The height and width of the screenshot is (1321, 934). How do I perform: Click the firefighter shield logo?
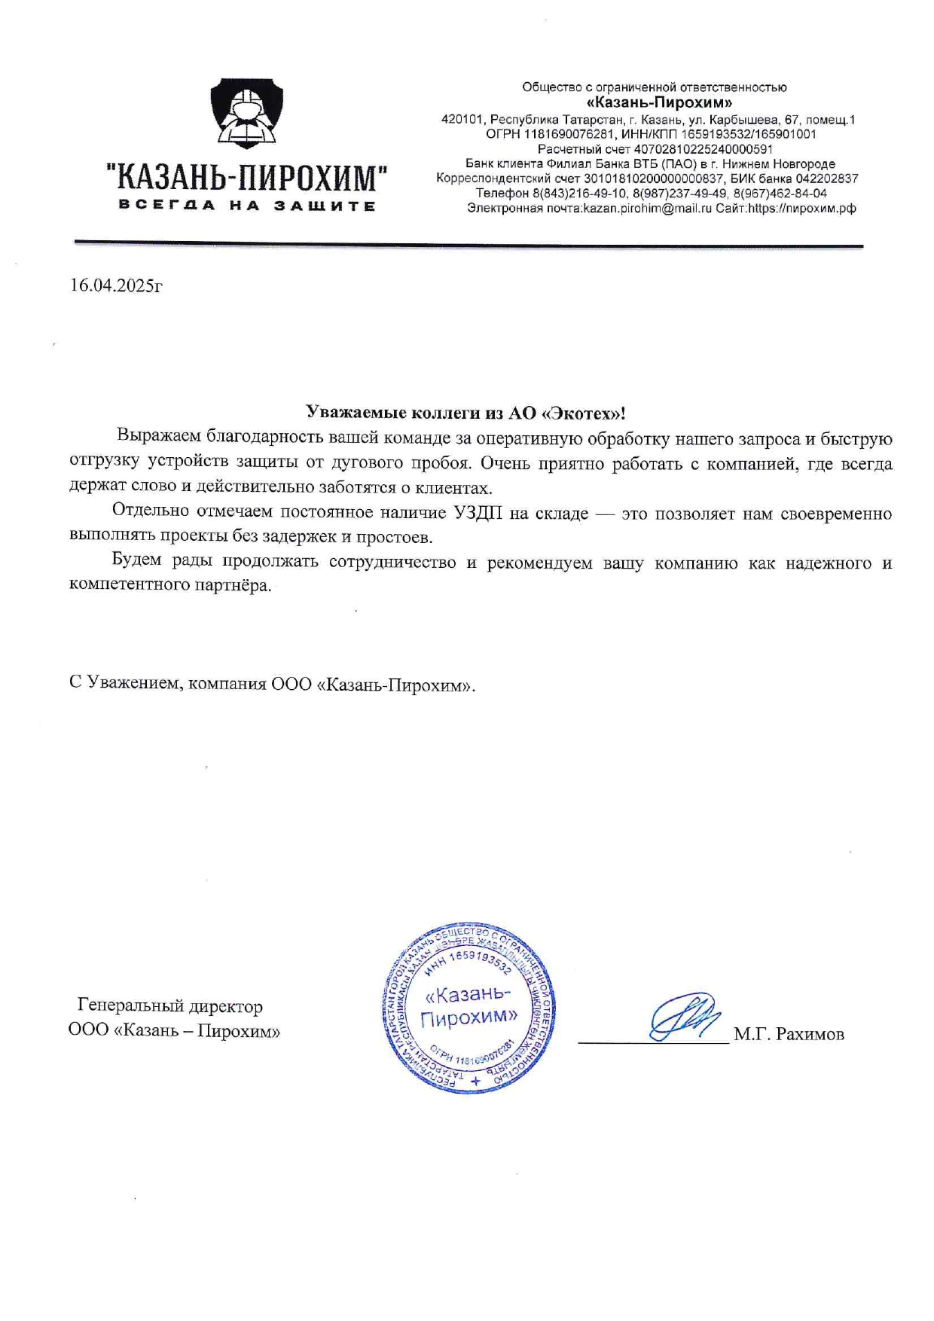click(246, 114)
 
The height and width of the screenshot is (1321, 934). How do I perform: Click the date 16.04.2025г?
click(116, 285)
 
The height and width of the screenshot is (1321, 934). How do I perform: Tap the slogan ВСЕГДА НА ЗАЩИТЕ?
click(246, 206)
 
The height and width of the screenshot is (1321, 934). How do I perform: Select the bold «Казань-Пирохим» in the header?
click(659, 102)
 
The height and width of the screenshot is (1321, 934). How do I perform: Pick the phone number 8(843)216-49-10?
click(579, 194)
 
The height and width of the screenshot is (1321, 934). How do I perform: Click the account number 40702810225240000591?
click(704, 149)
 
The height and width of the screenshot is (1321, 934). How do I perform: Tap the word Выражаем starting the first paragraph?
click(159, 438)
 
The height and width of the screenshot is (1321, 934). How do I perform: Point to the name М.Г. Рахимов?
click(789, 1035)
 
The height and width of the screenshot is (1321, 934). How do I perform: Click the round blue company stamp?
click(469, 1008)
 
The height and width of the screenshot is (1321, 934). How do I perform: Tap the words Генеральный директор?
click(170, 1006)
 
